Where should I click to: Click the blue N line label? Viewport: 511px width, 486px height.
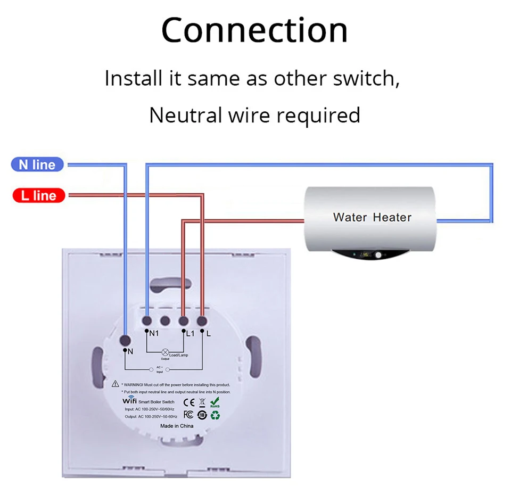37,164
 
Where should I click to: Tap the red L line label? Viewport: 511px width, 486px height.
38,195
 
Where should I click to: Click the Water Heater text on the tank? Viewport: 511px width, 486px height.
372,217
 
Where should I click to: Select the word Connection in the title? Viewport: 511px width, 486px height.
254,30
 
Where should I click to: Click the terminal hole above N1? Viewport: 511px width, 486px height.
147,321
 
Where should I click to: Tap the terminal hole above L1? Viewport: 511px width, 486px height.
183,321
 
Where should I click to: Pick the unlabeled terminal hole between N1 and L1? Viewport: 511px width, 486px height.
165,321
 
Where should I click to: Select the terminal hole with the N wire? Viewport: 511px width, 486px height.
126,340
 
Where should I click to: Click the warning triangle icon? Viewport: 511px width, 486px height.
116,384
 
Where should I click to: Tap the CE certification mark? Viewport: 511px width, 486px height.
189,402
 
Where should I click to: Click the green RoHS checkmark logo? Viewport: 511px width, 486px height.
215,401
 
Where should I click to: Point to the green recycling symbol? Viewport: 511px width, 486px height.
216,414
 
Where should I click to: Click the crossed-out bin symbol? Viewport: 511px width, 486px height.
202,402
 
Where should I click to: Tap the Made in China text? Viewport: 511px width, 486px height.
177,426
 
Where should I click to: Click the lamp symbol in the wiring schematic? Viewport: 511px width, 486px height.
165,352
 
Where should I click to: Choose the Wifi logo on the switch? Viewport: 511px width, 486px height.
130,400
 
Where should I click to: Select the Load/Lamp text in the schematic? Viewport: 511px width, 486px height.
178,355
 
